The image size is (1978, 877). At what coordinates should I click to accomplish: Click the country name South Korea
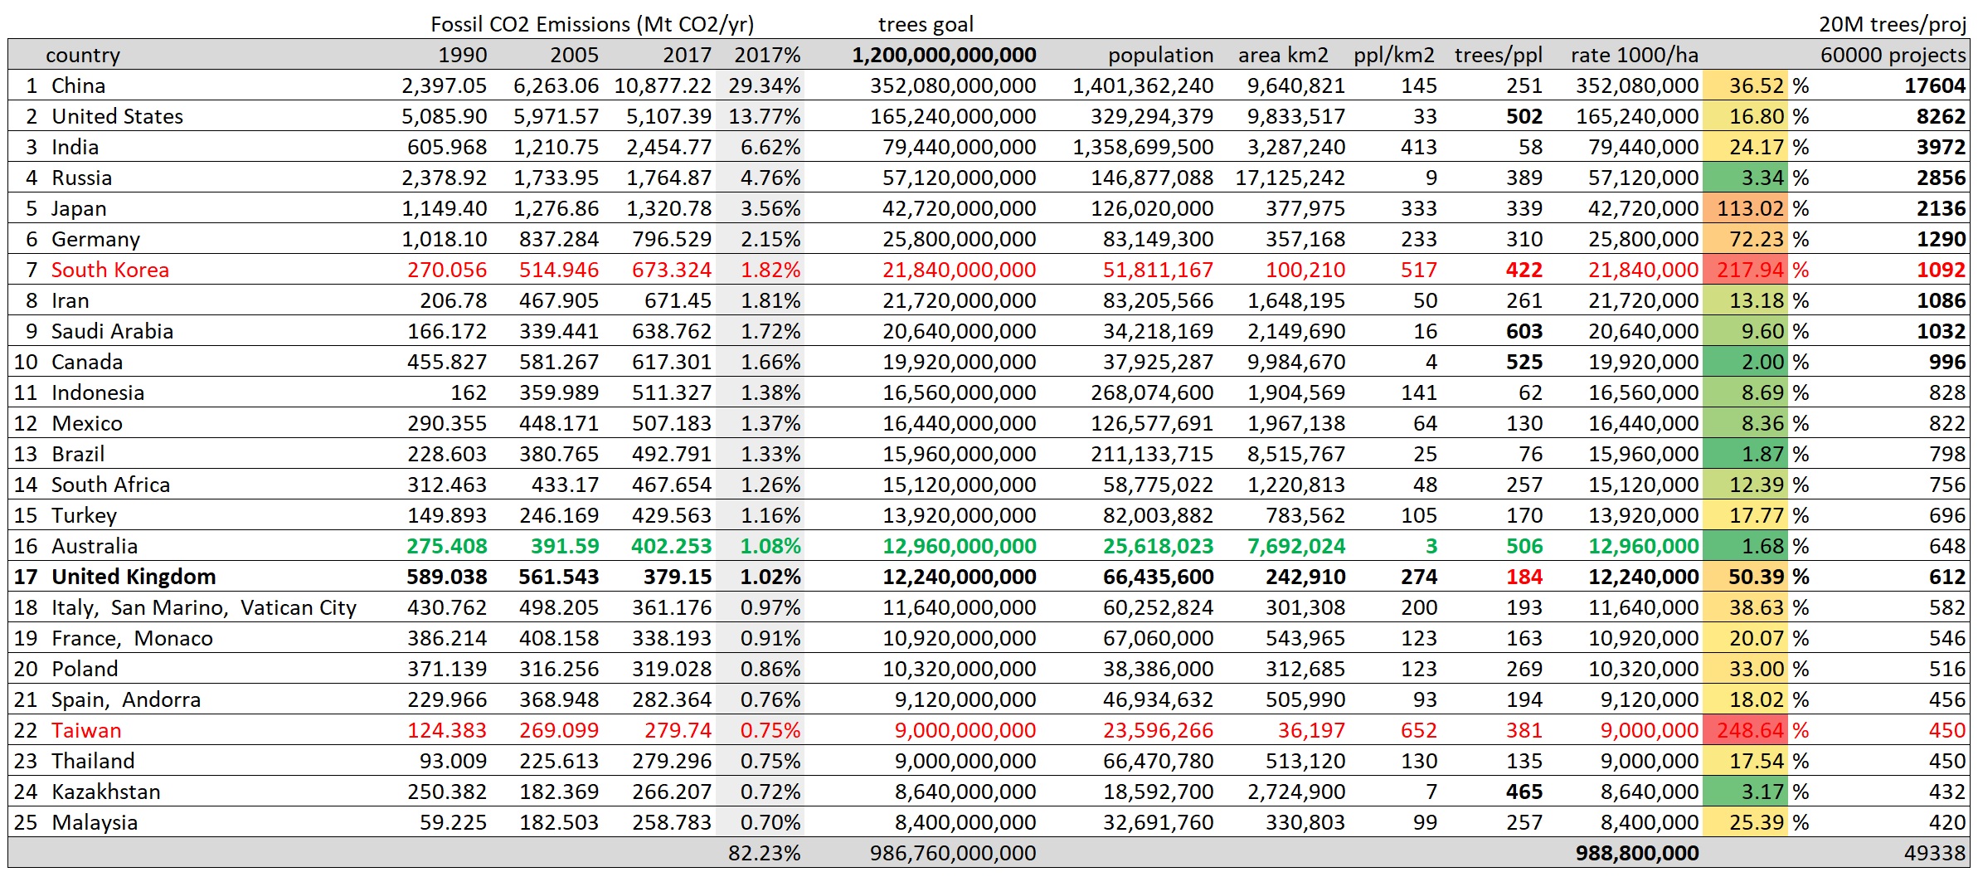point(109,270)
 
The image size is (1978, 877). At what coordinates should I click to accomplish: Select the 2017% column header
point(767,55)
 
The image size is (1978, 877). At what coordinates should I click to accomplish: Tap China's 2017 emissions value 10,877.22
point(663,85)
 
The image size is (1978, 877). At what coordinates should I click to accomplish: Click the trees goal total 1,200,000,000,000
point(944,55)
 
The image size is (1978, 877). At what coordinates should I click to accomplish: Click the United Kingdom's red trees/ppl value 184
point(1524,577)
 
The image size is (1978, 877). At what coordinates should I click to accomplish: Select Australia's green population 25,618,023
point(1158,546)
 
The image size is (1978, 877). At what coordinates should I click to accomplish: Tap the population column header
point(1160,55)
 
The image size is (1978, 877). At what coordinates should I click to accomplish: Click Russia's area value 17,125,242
point(1290,178)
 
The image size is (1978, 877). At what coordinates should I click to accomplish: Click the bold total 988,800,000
point(1637,853)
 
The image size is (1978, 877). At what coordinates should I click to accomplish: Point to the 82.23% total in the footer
point(764,853)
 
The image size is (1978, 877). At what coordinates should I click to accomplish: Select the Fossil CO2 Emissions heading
point(592,24)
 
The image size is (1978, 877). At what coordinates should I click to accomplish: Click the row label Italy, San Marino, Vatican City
point(203,607)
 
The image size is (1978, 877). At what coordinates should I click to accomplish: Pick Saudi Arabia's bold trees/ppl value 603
point(1524,331)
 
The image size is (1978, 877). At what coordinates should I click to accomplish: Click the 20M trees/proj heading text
point(1893,24)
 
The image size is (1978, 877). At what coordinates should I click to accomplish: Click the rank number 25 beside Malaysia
point(26,822)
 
